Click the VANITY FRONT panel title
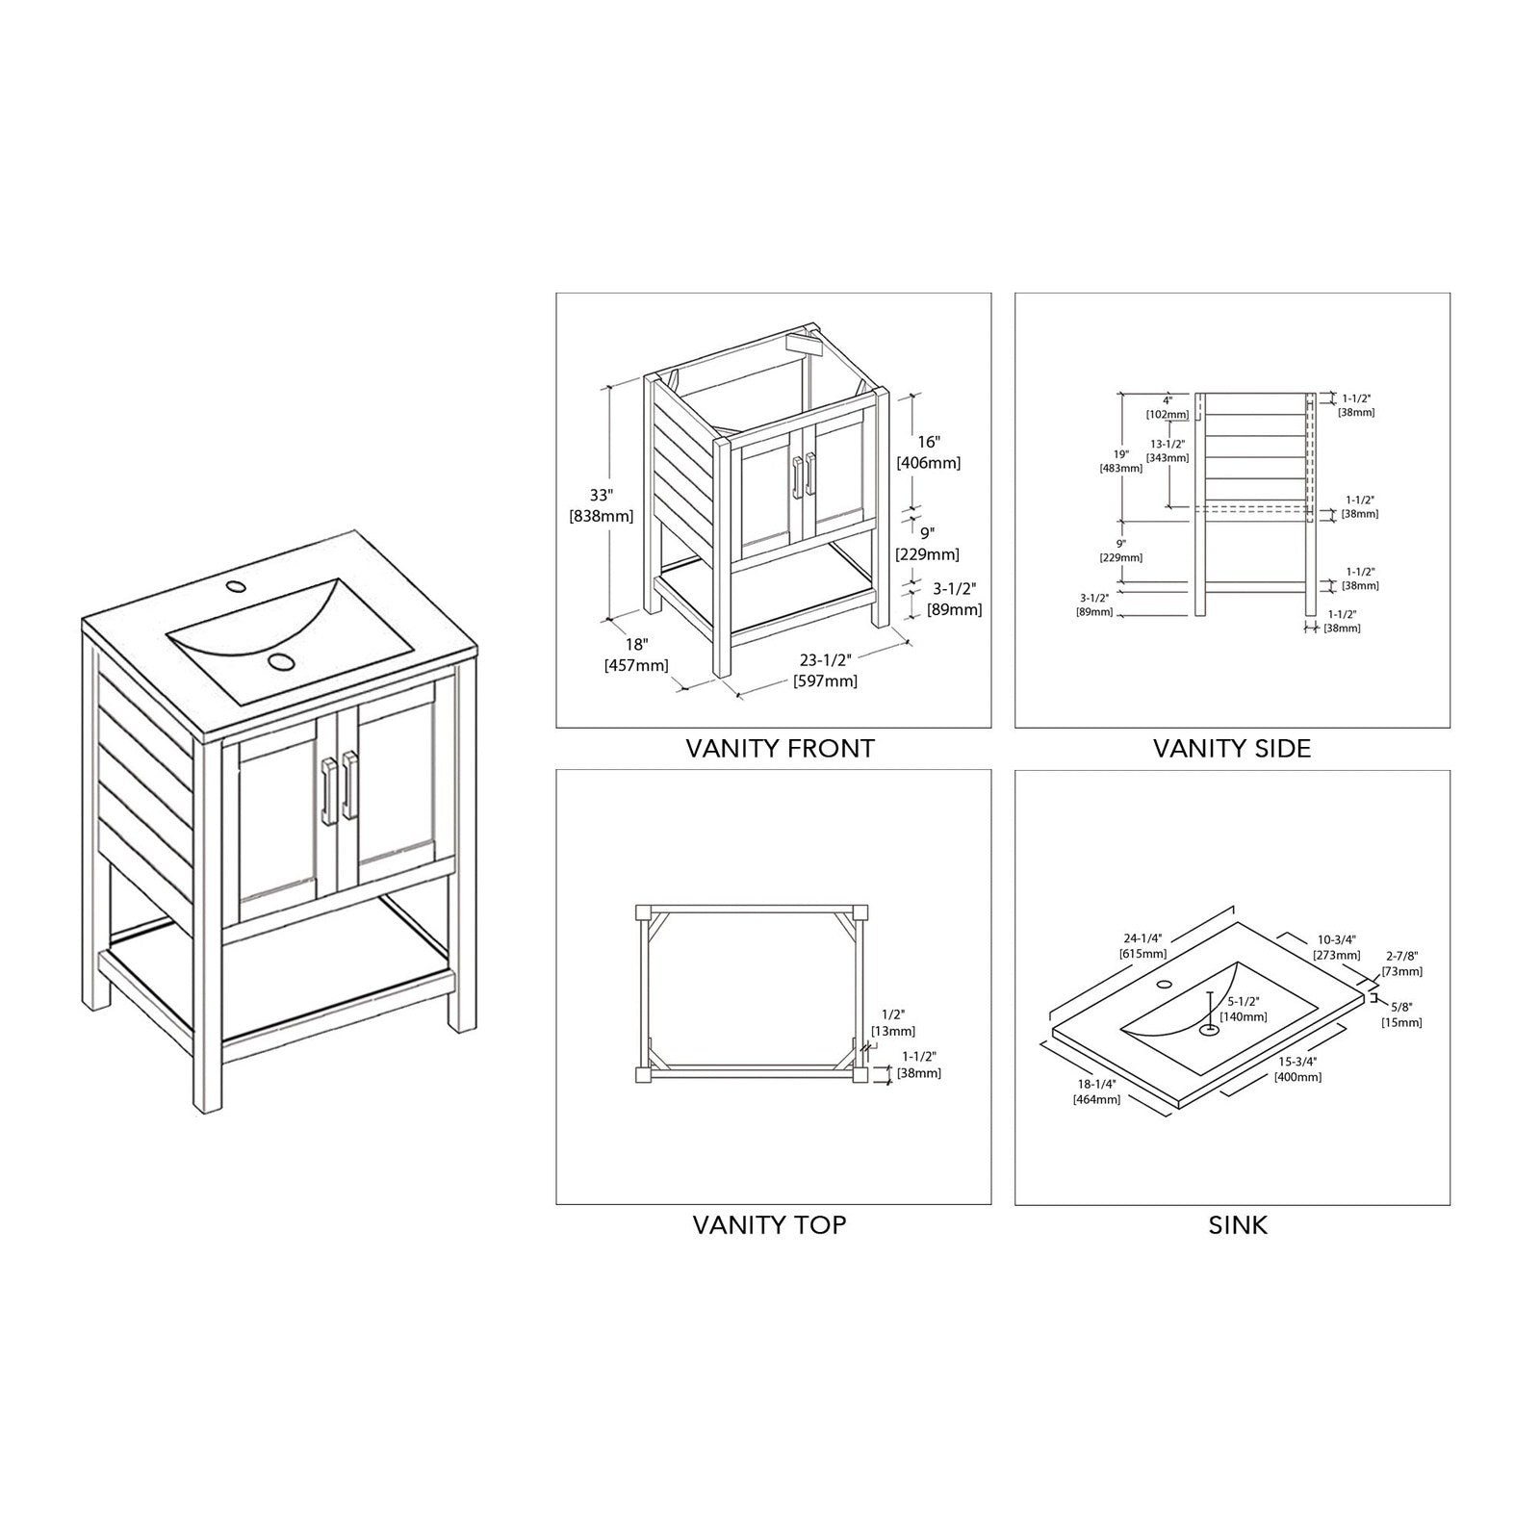click(780, 748)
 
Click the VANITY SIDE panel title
click(1232, 748)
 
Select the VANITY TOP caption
click(769, 1225)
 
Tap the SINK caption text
click(1238, 1225)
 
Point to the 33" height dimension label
click(602, 505)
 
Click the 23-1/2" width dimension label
click(825, 670)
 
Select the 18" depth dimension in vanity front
click(635, 654)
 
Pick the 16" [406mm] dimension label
click(928, 451)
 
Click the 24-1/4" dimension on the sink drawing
click(1142, 945)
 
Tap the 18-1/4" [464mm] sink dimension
click(1096, 1091)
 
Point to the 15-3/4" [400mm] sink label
click(1298, 1068)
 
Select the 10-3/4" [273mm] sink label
click(1337, 947)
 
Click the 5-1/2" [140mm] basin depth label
click(1243, 1009)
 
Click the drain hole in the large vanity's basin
click(281, 661)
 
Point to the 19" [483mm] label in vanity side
click(1121, 461)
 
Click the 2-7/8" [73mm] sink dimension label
click(1401, 963)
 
